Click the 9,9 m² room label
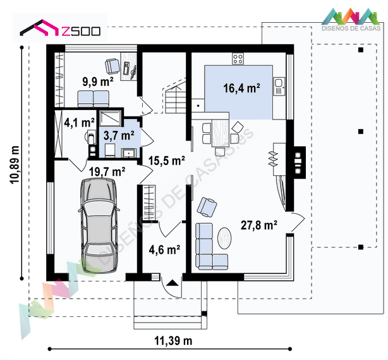(98, 82)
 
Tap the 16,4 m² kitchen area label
(241, 88)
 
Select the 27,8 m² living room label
(259, 225)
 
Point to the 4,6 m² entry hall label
(164, 250)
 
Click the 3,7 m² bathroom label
(119, 135)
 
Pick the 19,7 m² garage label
(107, 171)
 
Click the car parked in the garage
(99, 225)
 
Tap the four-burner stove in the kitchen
(238, 59)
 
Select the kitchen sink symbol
(279, 87)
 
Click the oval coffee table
(224, 238)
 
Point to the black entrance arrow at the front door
(173, 283)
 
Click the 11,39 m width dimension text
(173, 341)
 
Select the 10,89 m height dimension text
(15, 164)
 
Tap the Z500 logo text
(81, 31)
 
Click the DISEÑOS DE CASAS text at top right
(351, 28)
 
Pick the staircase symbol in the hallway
(176, 96)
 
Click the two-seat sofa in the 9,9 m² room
(94, 99)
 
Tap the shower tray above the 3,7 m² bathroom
(110, 118)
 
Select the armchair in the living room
(207, 207)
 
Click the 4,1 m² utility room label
(79, 123)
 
